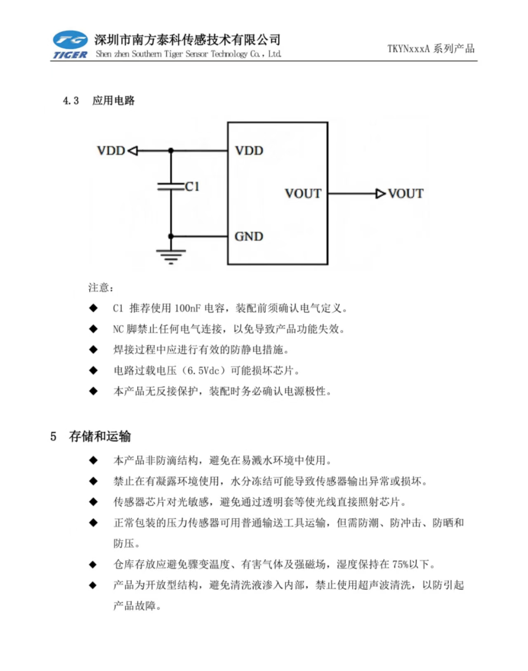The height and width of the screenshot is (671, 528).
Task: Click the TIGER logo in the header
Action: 70,44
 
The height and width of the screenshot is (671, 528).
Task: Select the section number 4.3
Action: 71,101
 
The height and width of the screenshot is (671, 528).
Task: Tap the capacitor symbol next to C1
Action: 171,187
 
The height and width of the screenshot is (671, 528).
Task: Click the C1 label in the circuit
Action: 192,186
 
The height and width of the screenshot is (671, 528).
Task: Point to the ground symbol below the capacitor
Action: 171,257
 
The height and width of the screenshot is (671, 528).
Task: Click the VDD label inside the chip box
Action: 249,151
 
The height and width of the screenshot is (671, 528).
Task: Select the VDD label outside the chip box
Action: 111,151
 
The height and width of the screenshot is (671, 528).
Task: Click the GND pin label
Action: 249,236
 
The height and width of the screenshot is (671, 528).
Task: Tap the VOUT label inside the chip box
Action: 303,194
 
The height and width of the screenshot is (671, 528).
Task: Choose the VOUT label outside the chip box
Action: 406,194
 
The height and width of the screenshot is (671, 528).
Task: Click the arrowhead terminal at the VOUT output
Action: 381,194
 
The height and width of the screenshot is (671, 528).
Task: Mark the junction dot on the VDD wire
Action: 171,151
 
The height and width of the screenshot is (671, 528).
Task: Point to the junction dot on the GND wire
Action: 171,236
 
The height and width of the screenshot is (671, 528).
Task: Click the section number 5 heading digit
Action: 53,436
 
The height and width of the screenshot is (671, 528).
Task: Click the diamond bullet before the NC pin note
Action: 93,329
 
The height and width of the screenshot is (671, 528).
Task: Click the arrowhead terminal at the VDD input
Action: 133,151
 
